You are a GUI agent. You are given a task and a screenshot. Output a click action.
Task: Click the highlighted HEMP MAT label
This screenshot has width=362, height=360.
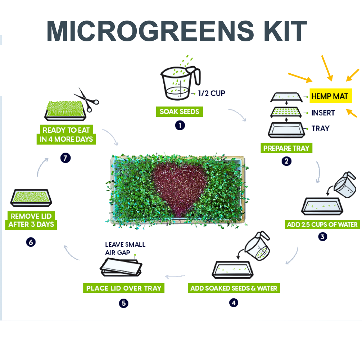click(x=330, y=96)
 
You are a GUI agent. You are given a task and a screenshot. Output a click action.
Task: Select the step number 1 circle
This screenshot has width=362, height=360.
click(x=180, y=125)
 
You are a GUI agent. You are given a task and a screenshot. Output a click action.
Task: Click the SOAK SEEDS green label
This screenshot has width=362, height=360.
click(x=179, y=111)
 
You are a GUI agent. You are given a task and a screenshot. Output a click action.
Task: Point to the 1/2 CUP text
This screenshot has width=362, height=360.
click(x=212, y=94)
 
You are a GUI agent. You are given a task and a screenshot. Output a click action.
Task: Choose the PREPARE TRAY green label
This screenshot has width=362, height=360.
click(x=286, y=148)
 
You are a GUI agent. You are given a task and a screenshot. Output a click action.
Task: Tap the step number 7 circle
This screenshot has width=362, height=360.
click(x=65, y=158)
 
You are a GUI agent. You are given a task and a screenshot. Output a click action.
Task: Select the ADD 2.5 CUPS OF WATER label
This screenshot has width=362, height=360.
click(x=322, y=224)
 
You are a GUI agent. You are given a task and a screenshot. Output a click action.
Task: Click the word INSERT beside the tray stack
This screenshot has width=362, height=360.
click(x=323, y=113)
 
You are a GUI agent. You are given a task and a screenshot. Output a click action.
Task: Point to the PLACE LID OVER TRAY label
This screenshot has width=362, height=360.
click(x=123, y=288)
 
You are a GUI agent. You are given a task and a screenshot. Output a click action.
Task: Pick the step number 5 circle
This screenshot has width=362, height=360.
click(x=123, y=304)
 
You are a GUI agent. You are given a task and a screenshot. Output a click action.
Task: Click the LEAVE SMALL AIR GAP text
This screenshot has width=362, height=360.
click(x=125, y=248)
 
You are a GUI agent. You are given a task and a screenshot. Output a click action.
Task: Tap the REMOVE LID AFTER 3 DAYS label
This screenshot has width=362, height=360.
click(x=31, y=220)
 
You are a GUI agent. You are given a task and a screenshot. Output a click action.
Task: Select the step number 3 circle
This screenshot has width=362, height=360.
click(x=322, y=237)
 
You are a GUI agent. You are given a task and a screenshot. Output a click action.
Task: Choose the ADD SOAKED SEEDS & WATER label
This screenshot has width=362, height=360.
click(x=234, y=288)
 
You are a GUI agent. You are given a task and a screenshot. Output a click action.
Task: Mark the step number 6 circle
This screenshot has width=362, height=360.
click(x=31, y=242)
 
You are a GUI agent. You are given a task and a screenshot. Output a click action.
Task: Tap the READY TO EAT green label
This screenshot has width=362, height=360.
click(x=66, y=135)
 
